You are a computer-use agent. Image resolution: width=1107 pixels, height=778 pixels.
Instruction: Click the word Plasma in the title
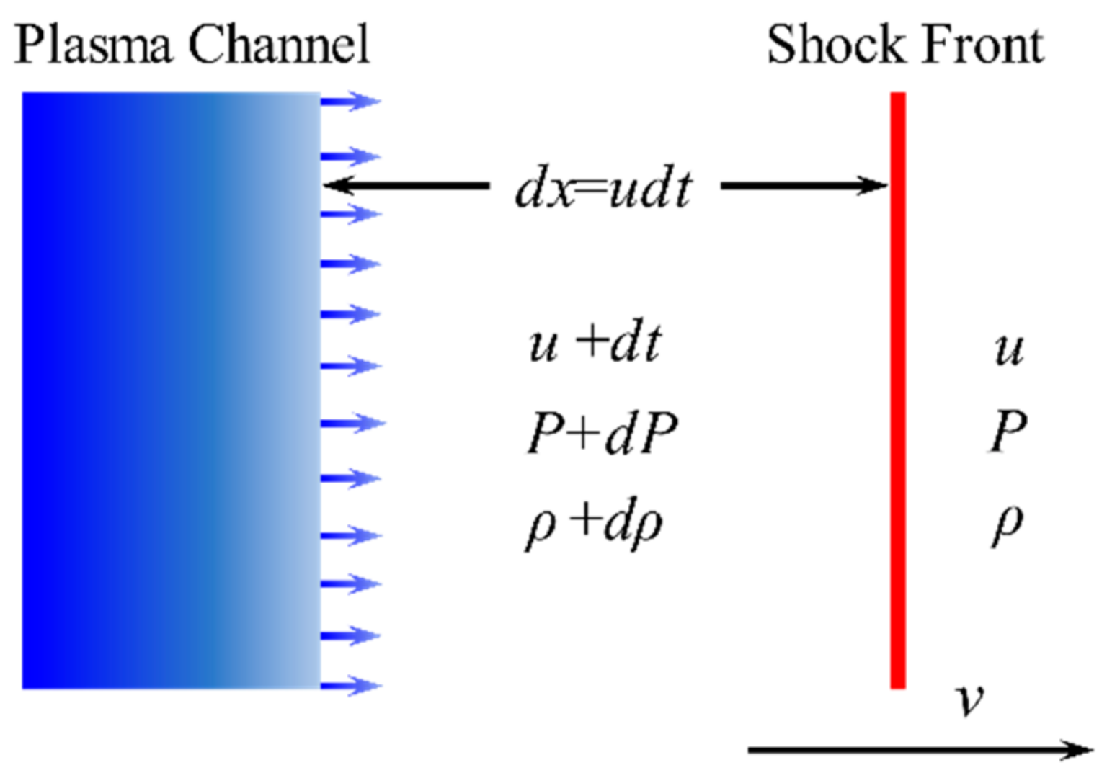[94, 45]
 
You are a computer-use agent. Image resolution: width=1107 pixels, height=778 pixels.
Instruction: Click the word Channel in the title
[279, 45]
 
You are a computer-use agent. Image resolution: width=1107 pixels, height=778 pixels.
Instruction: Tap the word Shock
[835, 45]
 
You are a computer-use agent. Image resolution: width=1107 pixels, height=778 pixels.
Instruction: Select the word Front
[984, 45]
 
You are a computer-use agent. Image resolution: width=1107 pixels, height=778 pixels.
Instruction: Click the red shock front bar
[897, 389]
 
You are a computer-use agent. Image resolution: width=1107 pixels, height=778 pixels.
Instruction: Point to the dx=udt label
[604, 189]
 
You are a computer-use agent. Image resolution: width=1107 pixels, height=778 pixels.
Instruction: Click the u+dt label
[595, 344]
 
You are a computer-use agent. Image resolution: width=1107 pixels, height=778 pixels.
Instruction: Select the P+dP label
[603, 434]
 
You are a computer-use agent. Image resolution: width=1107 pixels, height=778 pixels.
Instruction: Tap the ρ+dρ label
[595, 524]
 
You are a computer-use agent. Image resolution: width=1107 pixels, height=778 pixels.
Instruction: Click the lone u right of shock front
[1008, 350]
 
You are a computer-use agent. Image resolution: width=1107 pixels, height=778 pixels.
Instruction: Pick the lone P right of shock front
[1008, 432]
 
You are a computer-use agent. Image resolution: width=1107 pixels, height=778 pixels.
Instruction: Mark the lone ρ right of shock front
[1008, 524]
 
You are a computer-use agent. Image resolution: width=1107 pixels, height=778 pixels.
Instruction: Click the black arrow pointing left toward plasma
[407, 186]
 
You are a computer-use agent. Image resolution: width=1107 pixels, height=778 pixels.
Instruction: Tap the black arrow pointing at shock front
[804, 186]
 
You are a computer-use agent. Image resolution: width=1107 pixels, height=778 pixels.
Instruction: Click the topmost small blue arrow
[350, 101]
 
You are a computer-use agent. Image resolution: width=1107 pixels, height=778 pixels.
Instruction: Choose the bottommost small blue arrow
[350, 684]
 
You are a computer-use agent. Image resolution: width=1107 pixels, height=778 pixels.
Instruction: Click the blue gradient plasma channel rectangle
[171, 389]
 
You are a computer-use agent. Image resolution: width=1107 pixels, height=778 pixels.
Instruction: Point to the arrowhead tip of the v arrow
[1090, 750]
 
